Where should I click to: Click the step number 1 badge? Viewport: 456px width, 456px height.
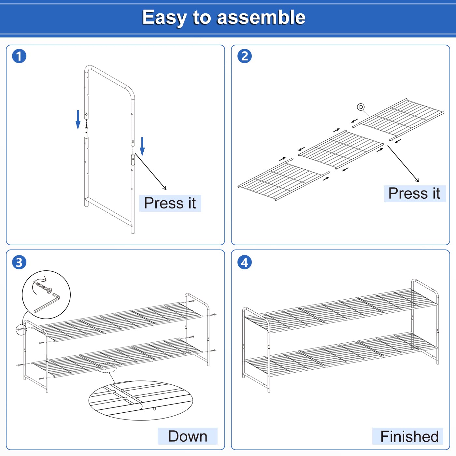(19, 56)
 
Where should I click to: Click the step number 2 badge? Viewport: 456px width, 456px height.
(245, 56)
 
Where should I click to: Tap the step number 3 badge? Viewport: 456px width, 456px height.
(19, 262)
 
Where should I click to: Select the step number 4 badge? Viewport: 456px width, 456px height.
(245, 262)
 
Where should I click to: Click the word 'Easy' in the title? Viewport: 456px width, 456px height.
(164, 17)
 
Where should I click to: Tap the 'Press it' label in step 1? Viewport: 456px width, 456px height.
(170, 203)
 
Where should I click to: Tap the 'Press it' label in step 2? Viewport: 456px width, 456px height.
(414, 193)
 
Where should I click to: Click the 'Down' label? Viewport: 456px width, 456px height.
(187, 436)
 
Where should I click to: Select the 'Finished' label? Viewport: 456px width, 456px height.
(409, 436)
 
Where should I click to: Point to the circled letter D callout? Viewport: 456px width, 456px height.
(361, 107)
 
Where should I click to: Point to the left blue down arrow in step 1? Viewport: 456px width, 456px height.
(78, 120)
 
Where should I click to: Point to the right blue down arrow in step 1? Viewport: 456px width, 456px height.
(142, 146)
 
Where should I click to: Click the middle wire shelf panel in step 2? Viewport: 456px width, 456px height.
(341, 150)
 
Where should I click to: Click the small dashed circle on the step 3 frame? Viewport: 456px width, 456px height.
(21, 330)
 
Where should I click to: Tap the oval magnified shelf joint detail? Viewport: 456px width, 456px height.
(141, 400)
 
